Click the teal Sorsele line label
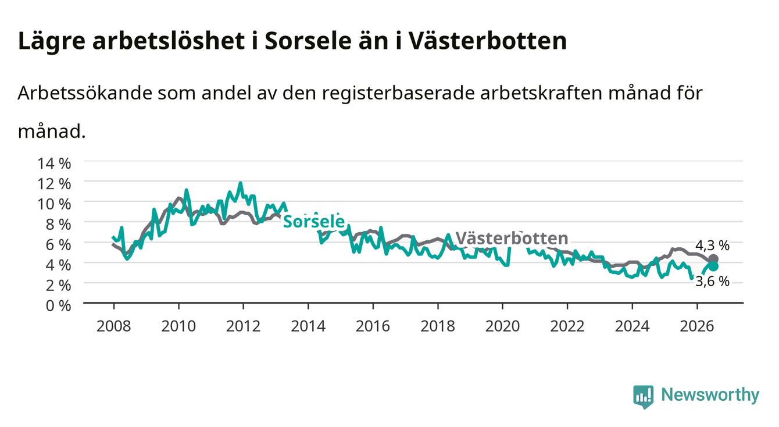(314, 221)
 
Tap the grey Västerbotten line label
(512, 239)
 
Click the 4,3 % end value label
(712, 245)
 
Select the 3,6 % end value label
(712, 281)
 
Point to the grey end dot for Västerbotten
(713, 258)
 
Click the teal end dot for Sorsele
(713, 266)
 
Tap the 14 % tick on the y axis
(54, 163)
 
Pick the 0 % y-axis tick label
(58, 305)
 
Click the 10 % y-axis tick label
(54, 204)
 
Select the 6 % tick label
(58, 245)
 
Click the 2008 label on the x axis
(114, 326)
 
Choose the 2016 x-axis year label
(373, 326)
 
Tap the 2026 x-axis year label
(697, 326)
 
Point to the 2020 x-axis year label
(502, 326)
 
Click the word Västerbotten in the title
(487, 41)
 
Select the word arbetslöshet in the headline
(169, 41)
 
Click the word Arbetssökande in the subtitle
(85, 93)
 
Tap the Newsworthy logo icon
(644, 396)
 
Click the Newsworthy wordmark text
(710, 394)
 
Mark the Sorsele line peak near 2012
(240, 183)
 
